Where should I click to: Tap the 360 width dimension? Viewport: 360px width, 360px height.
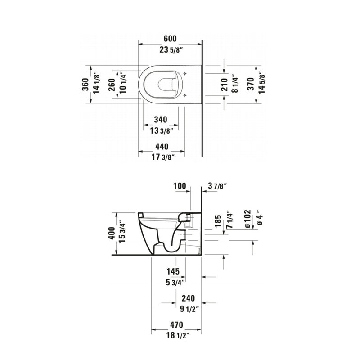tap(85, 84)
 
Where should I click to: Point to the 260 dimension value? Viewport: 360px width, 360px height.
tap(112, 84)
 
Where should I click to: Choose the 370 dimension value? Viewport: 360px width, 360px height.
tap(252, 84)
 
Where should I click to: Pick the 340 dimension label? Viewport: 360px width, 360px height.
tap(160, 120)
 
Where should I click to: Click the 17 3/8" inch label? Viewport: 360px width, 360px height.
tap(161, 157)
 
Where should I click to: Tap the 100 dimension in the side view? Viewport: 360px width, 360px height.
tap(179, 185)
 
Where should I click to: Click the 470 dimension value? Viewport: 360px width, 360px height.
tap(176, 324)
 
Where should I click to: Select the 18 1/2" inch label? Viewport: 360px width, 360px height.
tap(176, 335)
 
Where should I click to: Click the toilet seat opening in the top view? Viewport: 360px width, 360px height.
tap(168, 84)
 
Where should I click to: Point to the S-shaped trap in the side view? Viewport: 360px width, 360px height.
tap(169, 243)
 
